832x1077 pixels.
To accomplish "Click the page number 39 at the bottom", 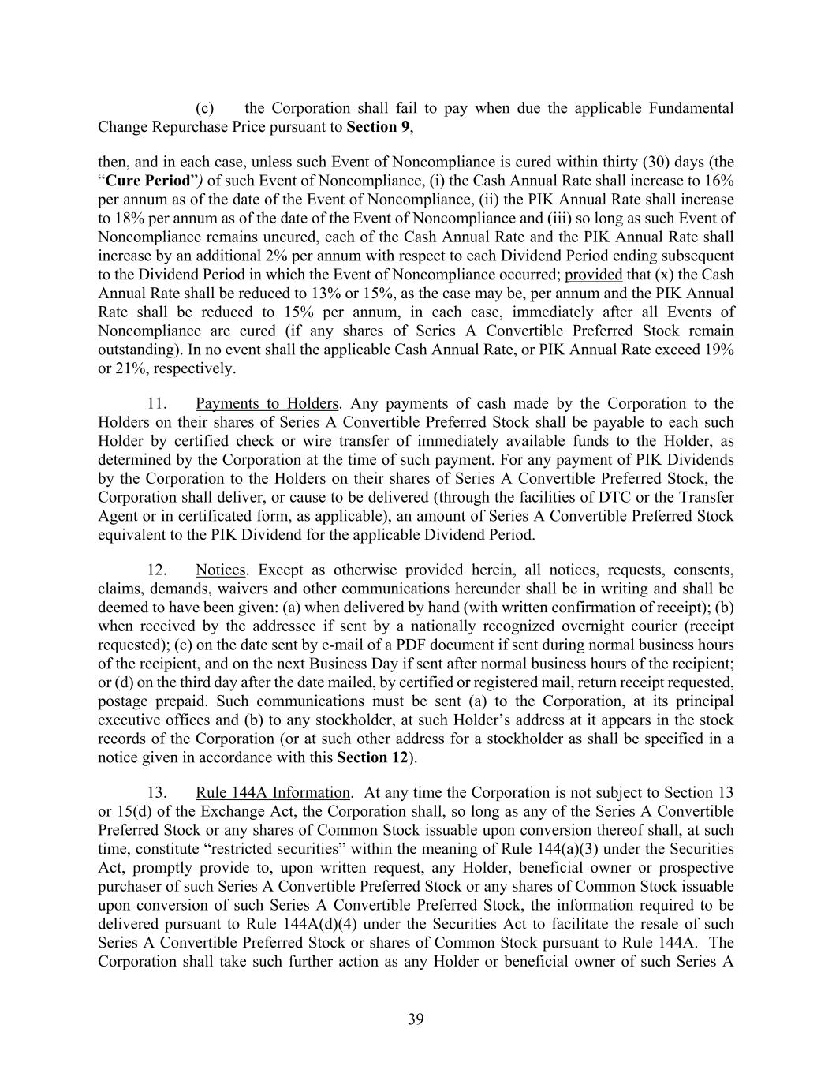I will pyautogui.click(x=416, y=1019).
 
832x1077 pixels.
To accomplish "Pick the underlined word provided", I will pyautogui.click(x=594, y=275).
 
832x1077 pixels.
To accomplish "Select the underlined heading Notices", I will pyautogui.click(x=221, y=570).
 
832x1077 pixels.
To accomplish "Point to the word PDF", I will pyautogui.click(x=334, y=645).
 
